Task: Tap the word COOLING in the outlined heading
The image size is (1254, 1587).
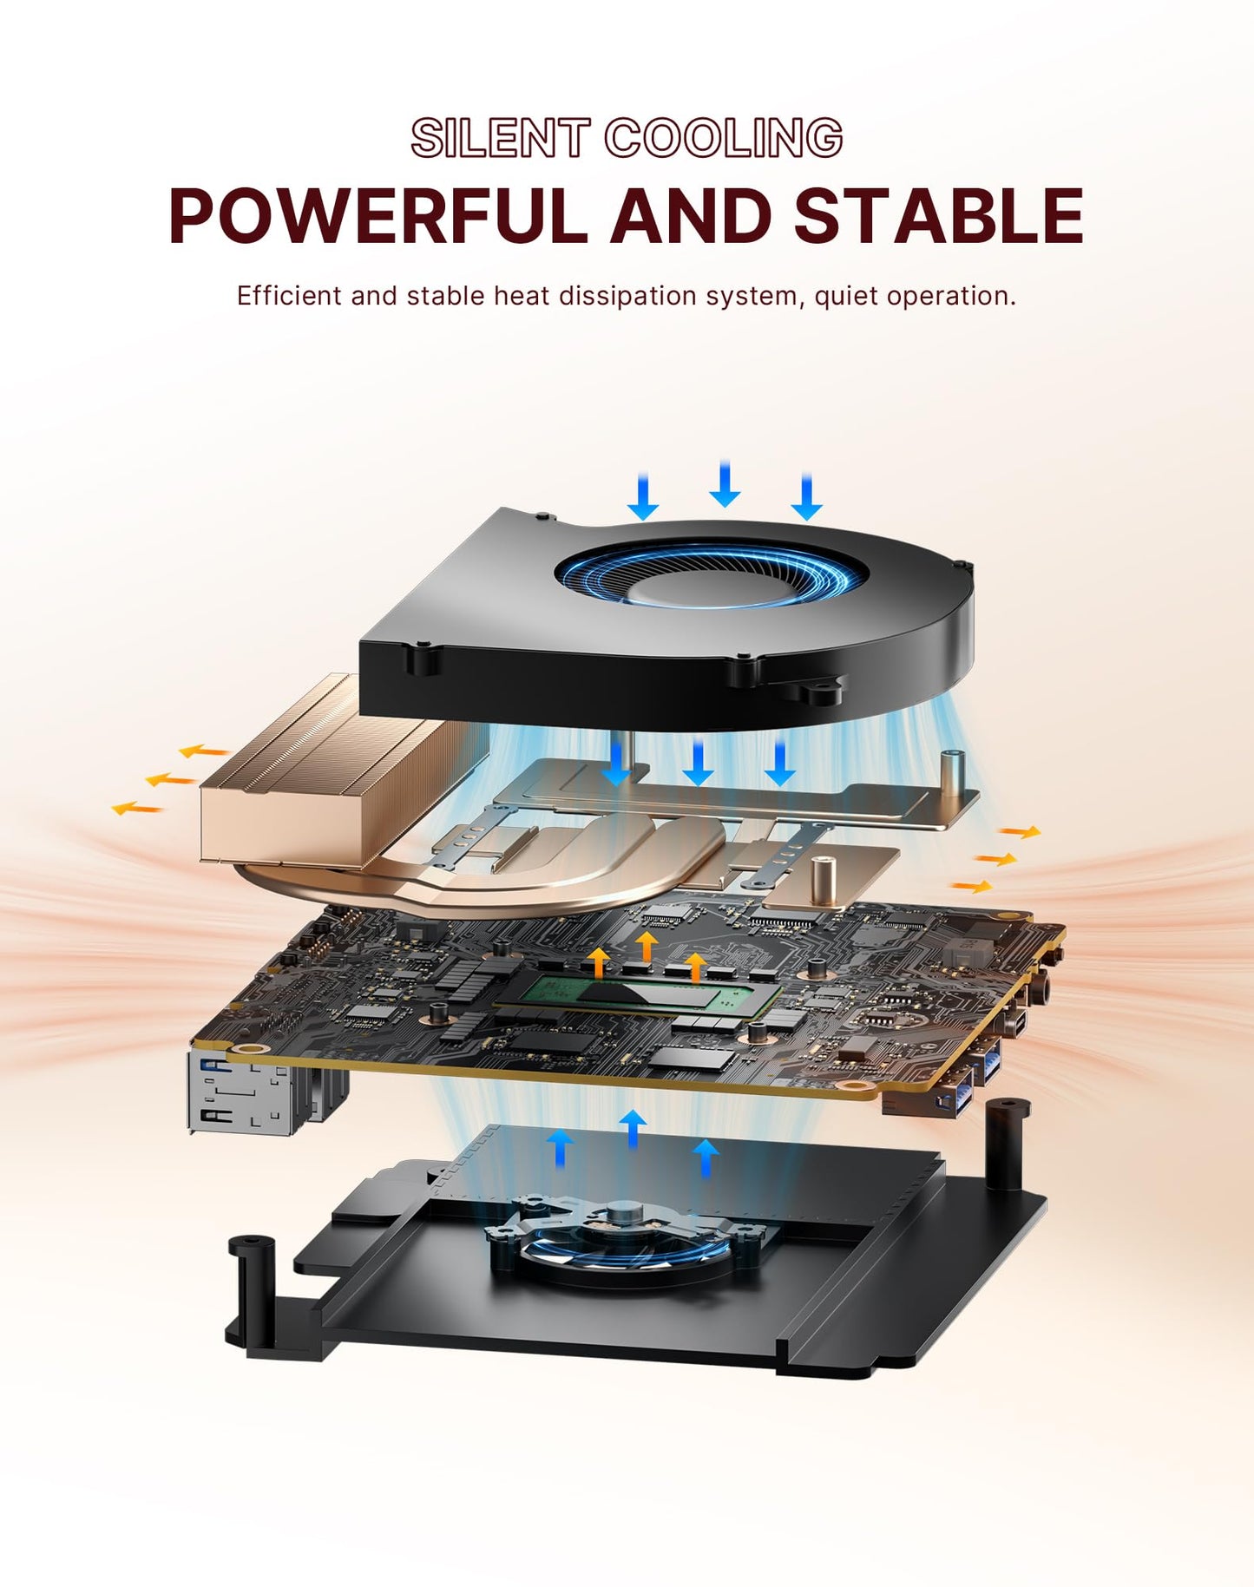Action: coord(723,139)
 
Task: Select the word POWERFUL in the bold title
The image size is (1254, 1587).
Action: coord(377,216)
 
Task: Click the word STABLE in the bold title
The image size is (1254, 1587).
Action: coord(939,216)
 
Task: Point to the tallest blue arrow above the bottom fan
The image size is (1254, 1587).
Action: coord(633,1128)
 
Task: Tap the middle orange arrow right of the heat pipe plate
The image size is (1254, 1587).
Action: coord(995,859)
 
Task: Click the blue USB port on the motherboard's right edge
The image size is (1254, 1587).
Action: coord(989,1063)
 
